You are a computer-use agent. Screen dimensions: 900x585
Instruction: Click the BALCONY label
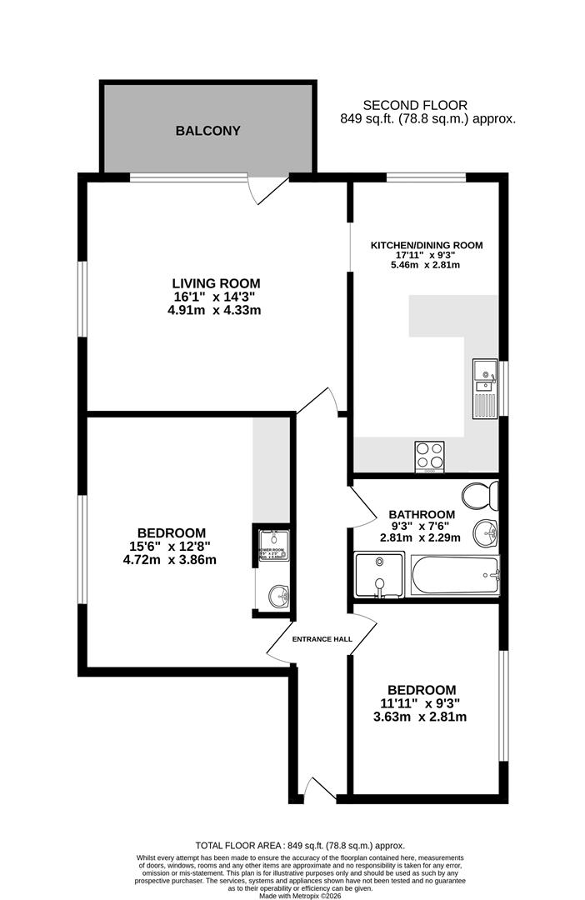pos(207,131)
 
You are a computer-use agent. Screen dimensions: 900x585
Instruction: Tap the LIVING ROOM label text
pos(216,282)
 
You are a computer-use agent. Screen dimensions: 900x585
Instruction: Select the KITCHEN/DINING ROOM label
pos(427,245)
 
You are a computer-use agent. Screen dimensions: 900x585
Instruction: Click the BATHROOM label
pos(422,514)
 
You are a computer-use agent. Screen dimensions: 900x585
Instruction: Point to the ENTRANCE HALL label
pos(322,639)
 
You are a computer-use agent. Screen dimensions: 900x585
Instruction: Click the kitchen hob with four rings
pos(430,455)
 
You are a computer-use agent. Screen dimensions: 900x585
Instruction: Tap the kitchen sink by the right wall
pos(484,388)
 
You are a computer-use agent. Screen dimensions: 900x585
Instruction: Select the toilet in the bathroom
pos(481,495)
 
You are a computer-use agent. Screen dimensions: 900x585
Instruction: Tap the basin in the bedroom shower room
pos(277,596)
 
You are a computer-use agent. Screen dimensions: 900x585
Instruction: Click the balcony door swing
pos(270,190)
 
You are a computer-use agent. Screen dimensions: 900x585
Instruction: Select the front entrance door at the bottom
pos(321,789)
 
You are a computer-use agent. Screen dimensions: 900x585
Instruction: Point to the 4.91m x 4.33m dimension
pos(214,311)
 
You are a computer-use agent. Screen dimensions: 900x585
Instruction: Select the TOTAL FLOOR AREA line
pos(299,844)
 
